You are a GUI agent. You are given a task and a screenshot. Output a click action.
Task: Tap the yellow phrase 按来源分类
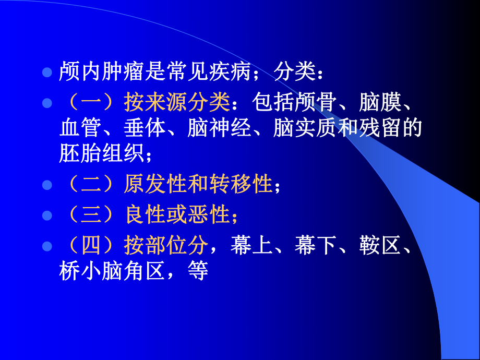(177, 103)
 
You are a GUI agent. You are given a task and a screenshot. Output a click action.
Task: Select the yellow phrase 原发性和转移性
(198, 184)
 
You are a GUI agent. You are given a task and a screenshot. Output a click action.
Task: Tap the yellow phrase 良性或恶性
(177, 214)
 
